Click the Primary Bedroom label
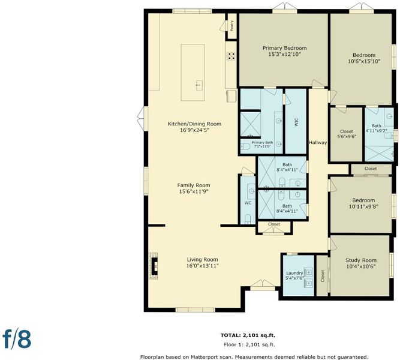coord(284,48)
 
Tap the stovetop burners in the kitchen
coord(231,56)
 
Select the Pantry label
coord(232,26)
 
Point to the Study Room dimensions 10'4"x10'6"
coord(360,266)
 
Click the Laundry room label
coord(294,273)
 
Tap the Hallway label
coord(318,142)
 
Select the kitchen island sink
coord(199,85)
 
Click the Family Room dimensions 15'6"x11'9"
coord(194,191)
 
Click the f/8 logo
coord(17,339)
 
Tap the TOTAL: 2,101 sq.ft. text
coord(248,335)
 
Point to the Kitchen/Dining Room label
coord(194,124)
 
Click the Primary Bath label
coord(262,142)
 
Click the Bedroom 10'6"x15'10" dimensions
coord(364,61)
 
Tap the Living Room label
coord(203,260)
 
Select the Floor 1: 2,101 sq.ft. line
coord(249,344)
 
